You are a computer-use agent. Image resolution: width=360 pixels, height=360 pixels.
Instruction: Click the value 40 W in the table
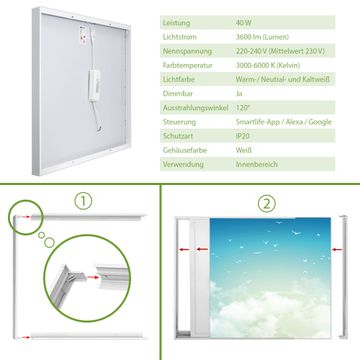(x=244, y=23)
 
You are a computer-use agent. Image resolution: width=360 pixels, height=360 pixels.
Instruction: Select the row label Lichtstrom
(x=180, y=37)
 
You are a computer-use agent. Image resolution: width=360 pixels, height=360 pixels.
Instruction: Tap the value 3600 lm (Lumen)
(x=262, y=37)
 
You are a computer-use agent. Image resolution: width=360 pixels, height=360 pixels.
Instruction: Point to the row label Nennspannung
(x=187, y=51)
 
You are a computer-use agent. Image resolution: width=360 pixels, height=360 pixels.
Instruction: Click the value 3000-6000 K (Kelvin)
(x=268, y=65)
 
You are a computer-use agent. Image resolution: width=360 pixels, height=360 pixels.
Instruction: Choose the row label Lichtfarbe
(x=179, y=80)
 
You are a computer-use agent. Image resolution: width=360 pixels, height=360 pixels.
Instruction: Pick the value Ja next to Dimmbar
(x=239, y=94)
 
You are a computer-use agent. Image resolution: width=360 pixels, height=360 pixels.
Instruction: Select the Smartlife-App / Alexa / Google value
(x=284, y=122)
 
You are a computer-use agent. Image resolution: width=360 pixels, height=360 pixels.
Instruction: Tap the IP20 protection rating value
(x=243, y=136)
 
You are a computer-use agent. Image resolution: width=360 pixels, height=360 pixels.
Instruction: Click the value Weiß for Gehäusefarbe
(x=244, y=150)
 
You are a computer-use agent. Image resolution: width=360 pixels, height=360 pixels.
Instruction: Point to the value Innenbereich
(x=257, y=164)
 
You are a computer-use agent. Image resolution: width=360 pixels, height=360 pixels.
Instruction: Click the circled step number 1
(x=83, y=201)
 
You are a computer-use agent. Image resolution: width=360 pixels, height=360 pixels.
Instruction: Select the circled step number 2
(x=267, y=204)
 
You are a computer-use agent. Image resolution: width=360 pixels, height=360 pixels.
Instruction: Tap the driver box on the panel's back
(x=94, y=85)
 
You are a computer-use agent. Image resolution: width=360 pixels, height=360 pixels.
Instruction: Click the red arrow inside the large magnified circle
(x=93, y=277)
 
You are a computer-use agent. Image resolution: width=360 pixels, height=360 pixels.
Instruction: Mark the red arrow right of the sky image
(x=337, y=249)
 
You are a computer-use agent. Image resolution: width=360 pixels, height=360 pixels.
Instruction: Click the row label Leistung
(x=176, y=23)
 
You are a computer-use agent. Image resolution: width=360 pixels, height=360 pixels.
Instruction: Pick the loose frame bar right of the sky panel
(x=343, y=277)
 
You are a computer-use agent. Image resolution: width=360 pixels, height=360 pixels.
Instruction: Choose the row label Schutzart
(x=178, y=136)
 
